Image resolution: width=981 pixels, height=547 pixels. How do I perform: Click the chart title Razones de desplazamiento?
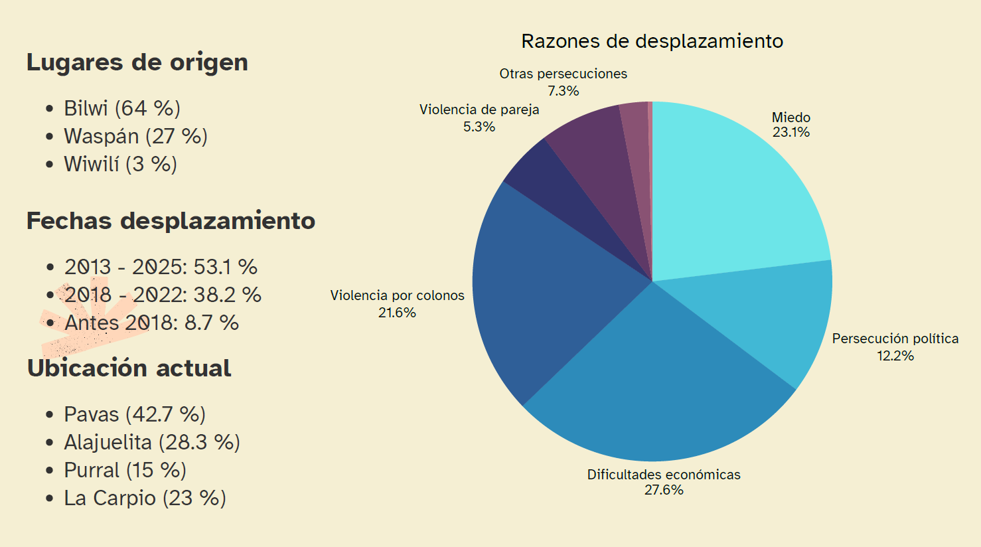(x=652, y=41)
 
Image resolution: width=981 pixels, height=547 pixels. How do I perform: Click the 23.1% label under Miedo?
(x=791, y=132)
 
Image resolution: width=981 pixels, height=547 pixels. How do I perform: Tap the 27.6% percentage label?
(x=664, y=490)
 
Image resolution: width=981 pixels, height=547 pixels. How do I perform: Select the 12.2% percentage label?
(x=895, y=356)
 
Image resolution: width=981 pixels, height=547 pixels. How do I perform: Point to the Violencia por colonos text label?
(x=397, y=295)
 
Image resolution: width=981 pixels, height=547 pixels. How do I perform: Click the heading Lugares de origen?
(x=137, y=62)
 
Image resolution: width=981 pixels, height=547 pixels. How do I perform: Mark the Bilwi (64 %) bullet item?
(x=122, y=108)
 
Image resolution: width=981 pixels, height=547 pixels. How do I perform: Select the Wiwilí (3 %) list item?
(x=120, y=164)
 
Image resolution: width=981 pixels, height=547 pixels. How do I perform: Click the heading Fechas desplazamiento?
(x=171, y=221)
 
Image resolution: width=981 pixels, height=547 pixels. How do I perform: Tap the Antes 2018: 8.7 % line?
(x=151, y=323)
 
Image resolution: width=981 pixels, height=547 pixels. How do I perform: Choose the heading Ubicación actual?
(x=129, y=368)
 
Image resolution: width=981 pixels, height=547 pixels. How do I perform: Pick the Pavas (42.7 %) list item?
(x=135, y=414)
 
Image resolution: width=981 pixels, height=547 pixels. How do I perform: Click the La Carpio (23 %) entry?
(x=145, y=498)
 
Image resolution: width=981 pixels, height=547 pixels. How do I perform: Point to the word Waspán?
(x=101, y=136)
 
